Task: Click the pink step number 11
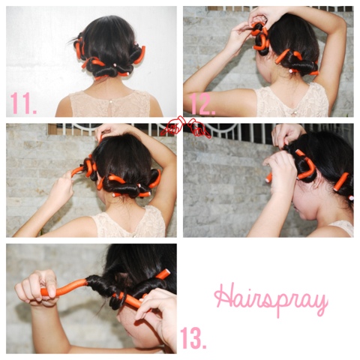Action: click(x=23, y=103)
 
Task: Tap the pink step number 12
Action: click(x=202, y=104)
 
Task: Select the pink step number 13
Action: click(x=193, y=337)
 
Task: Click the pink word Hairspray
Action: click(x=271, y=299)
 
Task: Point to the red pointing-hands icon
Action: click(x=185, y=127)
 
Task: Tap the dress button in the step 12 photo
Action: click(x=295, y=113)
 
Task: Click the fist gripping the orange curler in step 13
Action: click(x=36, y=287)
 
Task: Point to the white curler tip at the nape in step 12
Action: click(x=291, y=71)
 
